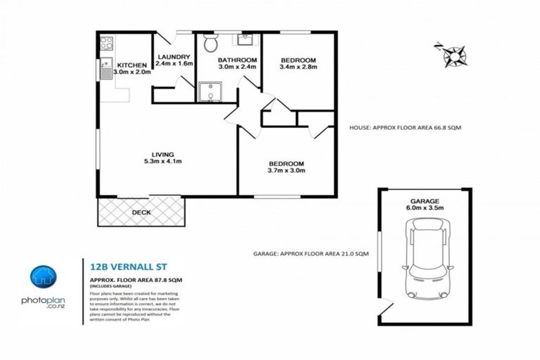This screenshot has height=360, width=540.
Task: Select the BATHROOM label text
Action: tap(237, 60)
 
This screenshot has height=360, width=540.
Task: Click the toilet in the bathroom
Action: tap(210, 44)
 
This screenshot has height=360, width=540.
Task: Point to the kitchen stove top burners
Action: tap(106, 43)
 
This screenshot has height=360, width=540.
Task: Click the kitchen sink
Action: tap(105, 68)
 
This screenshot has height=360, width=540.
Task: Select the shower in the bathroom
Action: tap(207, 92)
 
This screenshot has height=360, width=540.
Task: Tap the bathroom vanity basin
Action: tap(249, 39)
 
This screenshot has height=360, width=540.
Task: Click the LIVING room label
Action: tap(163, 154)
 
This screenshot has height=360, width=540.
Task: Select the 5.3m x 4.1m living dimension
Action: tap(163, 162)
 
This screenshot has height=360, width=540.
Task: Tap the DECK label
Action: tap(141, 211)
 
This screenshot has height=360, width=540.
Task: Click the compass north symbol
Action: tap(451, 54)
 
